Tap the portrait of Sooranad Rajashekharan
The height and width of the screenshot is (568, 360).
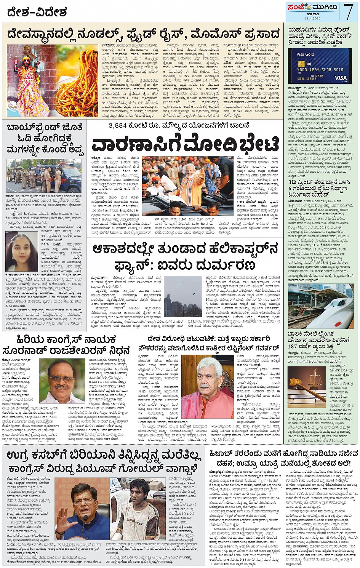pos(62,381)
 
